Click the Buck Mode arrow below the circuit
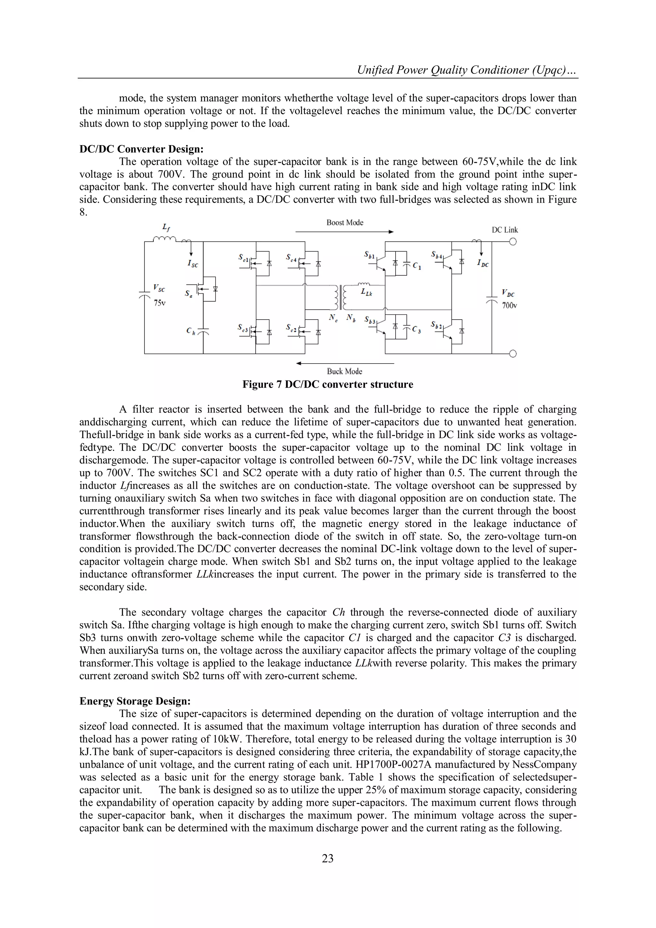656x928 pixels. click(x=345, y=364)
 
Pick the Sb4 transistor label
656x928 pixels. click(x=437, y=255)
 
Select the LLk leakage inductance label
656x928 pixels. click(x=366, y=293)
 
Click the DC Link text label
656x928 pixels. click(x=504, y=230)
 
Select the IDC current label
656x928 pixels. click(x=483, y=264)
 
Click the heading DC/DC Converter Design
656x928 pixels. click(x=141, y=149)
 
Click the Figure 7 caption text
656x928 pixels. click(x=328, y=384)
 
